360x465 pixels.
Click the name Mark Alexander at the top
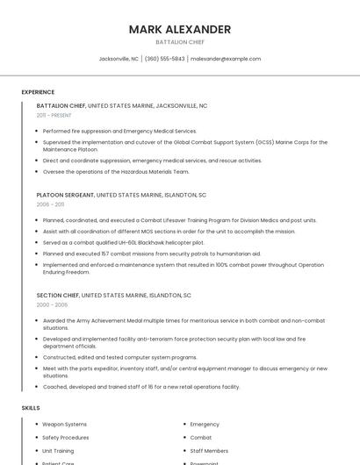coord(179,29)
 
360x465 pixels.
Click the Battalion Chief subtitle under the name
coord(179,42)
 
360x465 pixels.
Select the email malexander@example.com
coord(226,59)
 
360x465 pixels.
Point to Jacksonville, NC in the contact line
coord(119,59)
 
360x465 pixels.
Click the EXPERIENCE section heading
coord(38,92)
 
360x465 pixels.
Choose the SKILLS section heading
coord(31,408)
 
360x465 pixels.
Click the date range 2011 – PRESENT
coord(54,115)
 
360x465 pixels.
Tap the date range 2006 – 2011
coord(50,204)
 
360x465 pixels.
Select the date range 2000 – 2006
coord(52,304)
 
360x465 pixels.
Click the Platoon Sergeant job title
coord(66,194)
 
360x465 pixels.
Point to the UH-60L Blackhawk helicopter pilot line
coord(123,242)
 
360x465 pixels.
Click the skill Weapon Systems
coord(65,424)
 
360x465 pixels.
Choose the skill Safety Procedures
coord(66,437)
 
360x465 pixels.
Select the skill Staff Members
coord(209,450)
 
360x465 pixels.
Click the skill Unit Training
coord(58,450)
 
